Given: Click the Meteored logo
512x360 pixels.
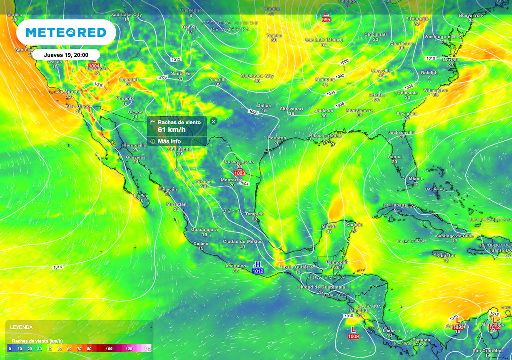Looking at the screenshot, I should pyautogui.click(x=66, y=32).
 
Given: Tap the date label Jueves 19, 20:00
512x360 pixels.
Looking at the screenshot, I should pyautogui.click(x=66, y=55).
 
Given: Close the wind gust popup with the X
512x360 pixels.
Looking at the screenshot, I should pyautogui.click(x=213, y=121).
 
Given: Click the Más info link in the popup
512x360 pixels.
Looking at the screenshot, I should pyautogui.click(x=169, y=141).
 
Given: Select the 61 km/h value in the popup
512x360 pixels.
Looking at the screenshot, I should pyautogui.click(x=171, y=130).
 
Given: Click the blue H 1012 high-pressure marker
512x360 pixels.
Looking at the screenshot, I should pyautogui.click(x=258, y=268).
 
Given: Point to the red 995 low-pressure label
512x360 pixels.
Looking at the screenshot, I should pyautogui.click(x=326, y=19).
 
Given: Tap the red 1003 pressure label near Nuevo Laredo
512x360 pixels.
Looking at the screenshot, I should pyautogui.click(x=240, y=173).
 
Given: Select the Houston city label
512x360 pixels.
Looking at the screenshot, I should pyautogui.click(x=277, y=138).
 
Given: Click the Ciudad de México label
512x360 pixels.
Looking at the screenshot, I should pyautogui.click(x=243, y=241).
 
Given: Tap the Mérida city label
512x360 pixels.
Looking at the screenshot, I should pyautogui.click(x=329, y=226).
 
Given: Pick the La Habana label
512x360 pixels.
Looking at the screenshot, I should pyautogui.click(x=395, y=205).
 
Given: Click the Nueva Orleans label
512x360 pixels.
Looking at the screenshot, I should pyautogui.click(x=325, y=136).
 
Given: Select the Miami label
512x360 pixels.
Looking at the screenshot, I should pyautogui.click(x=415, y=178).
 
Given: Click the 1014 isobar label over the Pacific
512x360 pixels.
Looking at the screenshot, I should pyautogui.click(x=58, y=267).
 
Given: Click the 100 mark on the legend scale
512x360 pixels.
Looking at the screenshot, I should pyautogui.click(x=109, y=348).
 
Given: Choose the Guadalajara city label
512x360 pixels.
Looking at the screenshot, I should pyautogui.click(x=204, y=229).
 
